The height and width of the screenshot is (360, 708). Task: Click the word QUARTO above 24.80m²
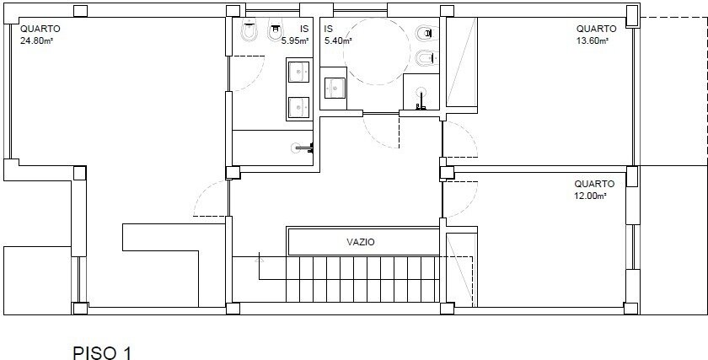[x=40, y=29]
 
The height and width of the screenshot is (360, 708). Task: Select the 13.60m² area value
[x=592, y=40]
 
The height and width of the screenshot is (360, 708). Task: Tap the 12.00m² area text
[x=590, y=196]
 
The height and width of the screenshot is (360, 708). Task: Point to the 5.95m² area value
[x=295, y=40]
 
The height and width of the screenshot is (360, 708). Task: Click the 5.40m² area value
[x=338, y=40]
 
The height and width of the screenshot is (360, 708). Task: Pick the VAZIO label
[x=361, y=242]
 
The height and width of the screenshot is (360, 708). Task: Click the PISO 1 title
[x=102, y=352]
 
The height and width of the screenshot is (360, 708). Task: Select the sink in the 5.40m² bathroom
[x=335, y=88]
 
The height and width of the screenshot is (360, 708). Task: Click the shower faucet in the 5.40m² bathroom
[x=421, y=99]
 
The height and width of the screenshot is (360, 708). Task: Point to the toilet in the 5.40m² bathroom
[x=426, y=33]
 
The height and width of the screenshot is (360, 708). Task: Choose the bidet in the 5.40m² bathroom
[x=426, y=58]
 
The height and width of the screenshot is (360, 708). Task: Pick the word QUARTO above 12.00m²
[x=594, y=185]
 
